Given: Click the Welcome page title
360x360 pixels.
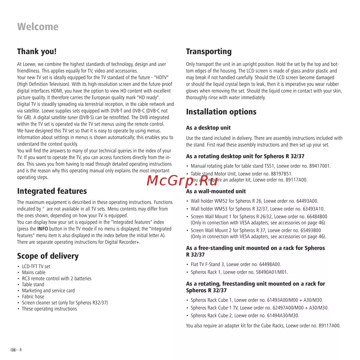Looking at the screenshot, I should click(37, 27).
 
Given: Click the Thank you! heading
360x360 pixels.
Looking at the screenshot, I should click(37, 51).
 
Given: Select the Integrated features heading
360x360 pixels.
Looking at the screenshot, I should click(52, 191).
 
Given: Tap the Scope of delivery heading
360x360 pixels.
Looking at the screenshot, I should click(48, 256).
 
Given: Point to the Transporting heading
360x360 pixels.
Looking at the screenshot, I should click(209, 51).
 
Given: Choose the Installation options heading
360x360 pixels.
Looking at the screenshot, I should click(221, 112).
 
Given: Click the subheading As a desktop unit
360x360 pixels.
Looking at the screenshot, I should click(208, 128).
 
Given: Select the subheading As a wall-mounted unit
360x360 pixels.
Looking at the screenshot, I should click(216, 192).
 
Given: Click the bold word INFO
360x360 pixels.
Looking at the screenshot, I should click(42, 229).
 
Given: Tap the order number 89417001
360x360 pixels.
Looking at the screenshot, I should click(318, 166).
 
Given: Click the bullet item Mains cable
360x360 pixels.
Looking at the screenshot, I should click(33, 273).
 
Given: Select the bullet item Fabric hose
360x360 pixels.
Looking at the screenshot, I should click(33, 297).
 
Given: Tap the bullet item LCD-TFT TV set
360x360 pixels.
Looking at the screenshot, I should click(36, 266).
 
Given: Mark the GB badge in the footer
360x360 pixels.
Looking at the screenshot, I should click(13, 350).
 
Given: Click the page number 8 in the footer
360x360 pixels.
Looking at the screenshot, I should click(21, 350).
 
